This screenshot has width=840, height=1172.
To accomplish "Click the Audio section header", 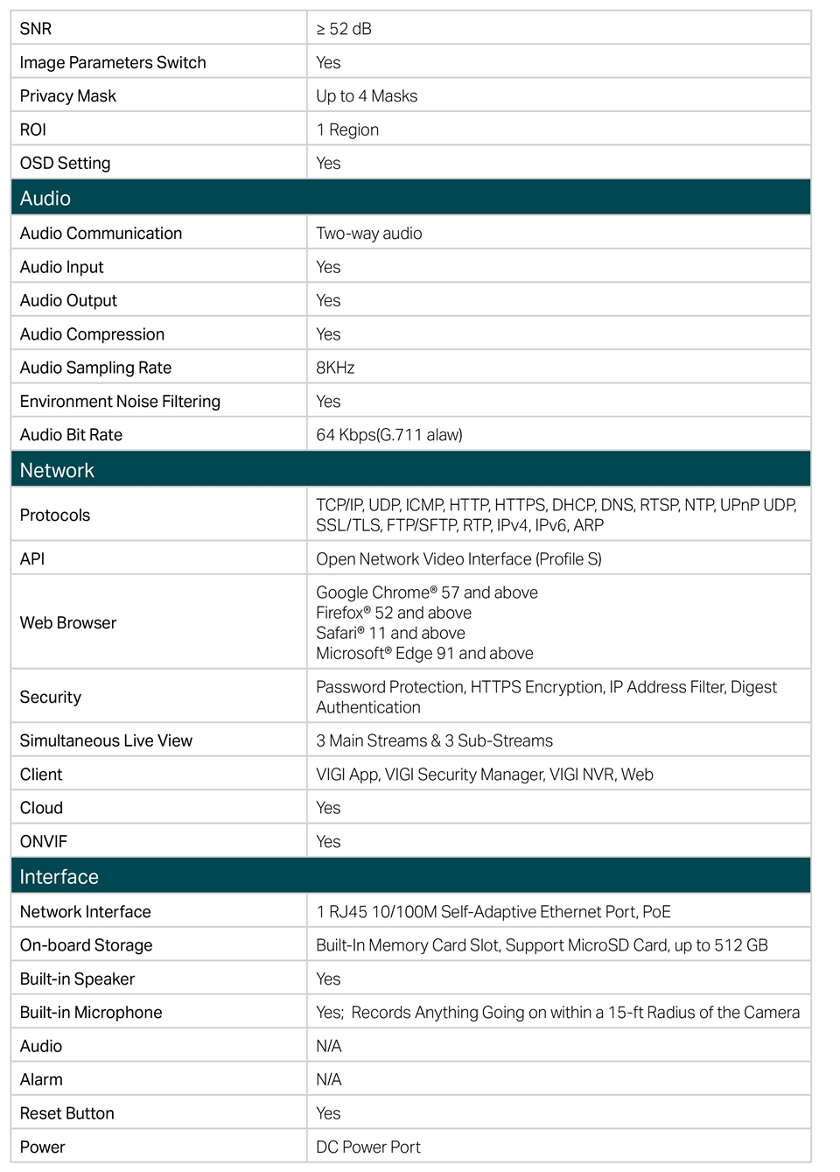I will (45, 198).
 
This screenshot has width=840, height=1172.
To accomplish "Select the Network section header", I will (57, 470).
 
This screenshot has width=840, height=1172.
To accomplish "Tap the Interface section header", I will (59, 876).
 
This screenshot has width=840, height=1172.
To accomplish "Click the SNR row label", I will (36, 29).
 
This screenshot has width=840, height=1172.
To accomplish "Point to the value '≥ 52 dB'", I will (344, 29).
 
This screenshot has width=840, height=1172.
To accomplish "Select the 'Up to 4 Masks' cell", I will (367, 96).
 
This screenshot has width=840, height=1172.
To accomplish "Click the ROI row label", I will (33, 130).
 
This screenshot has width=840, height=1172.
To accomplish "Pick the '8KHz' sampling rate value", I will (335, 368).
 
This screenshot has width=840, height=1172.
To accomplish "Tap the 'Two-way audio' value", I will (368, 234).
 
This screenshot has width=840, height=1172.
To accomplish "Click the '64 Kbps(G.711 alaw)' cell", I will (389, 435).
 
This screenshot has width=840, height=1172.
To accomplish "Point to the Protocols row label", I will (55, 515).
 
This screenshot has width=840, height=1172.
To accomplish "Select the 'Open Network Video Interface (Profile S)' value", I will (458, 558).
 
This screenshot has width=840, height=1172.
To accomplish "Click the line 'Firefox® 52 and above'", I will (394, 613).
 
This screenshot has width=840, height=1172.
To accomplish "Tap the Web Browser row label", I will (68, 622).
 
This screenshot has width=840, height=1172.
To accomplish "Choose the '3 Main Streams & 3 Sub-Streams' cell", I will (434, 740).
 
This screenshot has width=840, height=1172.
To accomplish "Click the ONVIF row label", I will (44, 841).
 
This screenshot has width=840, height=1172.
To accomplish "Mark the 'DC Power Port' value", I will (368, 1147).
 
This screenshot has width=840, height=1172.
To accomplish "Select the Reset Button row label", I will (67, 1113).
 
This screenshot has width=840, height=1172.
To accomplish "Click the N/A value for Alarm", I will (329, 1079).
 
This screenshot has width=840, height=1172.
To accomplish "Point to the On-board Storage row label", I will (86, 945).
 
